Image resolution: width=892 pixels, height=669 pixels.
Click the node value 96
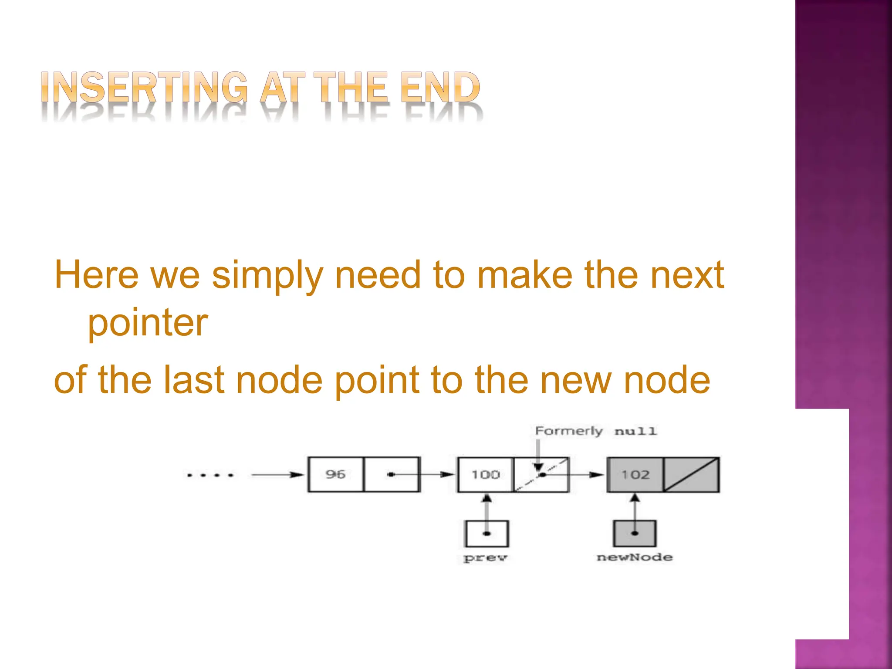pyautogui.click(x=335, y=474)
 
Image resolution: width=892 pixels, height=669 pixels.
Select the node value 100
pyautogui.click(x=485, y=474)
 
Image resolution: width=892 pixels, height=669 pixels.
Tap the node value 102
pyautogui.click(x=635, y=474)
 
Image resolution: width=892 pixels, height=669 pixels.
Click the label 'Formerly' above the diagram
pyautogui.click(x=569, y=431)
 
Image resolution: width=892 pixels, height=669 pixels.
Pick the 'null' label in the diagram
pyautogui.click(x=635, y=432)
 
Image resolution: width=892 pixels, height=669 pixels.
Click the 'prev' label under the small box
pyautogui.click(x=486, y=558)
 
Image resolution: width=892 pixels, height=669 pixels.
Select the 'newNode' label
pyautogui.click(x=635, y=557)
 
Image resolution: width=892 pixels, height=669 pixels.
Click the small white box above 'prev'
pyautogui.click(x=487, y=534)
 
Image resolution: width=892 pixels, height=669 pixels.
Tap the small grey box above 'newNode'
pyautogui.click(x=635, y=534)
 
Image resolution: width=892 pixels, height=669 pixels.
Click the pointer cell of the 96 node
pyautogui.click(x=392, y=474)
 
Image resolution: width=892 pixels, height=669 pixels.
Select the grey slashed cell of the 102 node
pyautogui.click(x=691, y=474)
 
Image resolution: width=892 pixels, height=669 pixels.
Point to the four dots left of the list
pyautogui.click(x=210, y=475)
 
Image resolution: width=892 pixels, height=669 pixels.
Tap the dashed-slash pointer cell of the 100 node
pyautogui.click(x=541, y=474)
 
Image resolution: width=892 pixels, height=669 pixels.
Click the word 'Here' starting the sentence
pyautogui.click(x=97, y=275)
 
